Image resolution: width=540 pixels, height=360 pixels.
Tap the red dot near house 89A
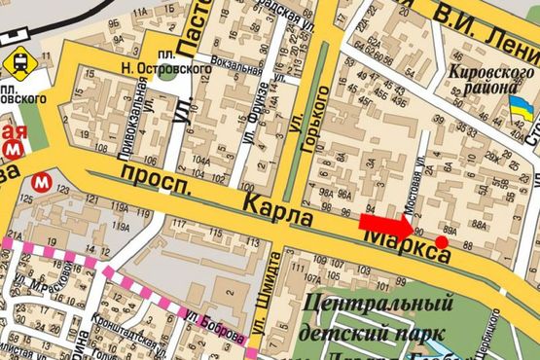442,241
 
